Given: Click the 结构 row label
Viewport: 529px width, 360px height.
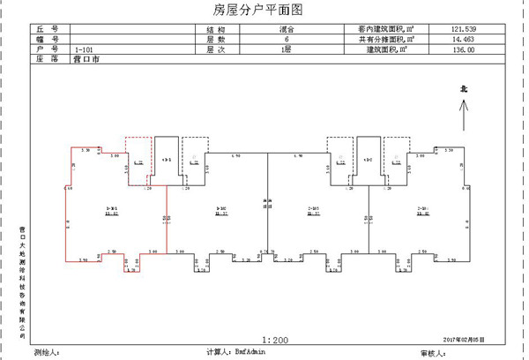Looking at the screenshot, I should (x=204, y=30).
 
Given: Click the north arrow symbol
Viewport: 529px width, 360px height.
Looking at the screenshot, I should (x=463, y=116).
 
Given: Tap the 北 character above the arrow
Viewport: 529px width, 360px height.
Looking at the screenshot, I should (x=463, y=89).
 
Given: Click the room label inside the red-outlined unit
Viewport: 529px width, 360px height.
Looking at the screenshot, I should (x=113, y=211).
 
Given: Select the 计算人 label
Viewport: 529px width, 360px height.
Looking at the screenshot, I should (x=217, y=351).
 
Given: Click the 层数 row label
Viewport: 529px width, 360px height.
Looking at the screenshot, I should (x=204, y=41).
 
